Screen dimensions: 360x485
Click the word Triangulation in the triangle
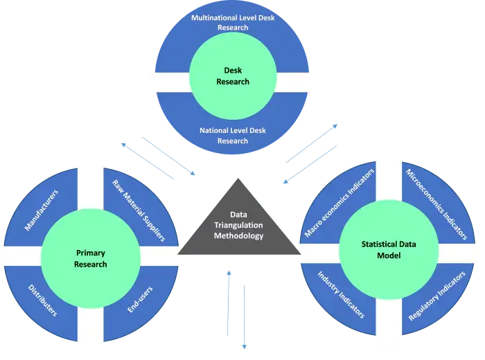(238, 225)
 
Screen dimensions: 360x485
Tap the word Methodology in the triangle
(238, 235)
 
